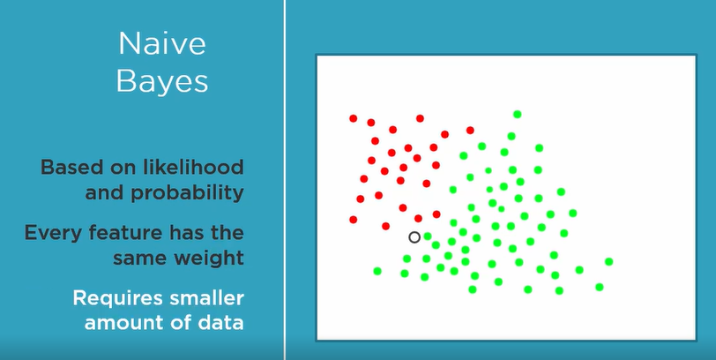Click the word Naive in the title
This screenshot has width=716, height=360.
(162, 44)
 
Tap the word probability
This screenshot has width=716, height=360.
(186, 193)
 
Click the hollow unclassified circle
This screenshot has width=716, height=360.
(414, 237)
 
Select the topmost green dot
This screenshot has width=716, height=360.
(517, 114)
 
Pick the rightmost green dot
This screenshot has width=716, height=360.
(608, 261)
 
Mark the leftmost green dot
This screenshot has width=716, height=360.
(377, 271)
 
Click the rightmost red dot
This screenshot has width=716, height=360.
(470, 131)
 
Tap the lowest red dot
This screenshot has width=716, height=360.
(386, 226)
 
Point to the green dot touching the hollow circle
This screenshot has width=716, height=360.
(428, 236)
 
